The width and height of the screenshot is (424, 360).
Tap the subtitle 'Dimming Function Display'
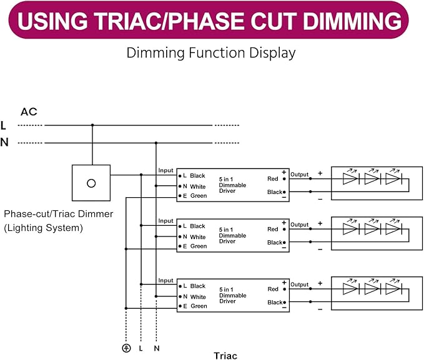[x=211, y=52]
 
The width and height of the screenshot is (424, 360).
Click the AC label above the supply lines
[x=29, y=112]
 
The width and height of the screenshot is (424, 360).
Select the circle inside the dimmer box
[x=91, y=183]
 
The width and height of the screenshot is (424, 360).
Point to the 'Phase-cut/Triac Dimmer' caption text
[x=59, y=214]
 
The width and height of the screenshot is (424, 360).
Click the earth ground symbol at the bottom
[x=126, y=348]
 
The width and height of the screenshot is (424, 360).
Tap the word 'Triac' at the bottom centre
[x=225, y=356]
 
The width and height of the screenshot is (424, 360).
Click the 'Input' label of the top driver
[x=165, y=170]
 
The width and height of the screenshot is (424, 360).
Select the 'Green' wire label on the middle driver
[x=199, y=246]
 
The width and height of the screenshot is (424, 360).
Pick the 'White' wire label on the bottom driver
[x=198, y=297]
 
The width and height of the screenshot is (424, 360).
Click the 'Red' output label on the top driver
[x=272, y=178]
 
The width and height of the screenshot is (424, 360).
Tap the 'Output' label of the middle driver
[x=299, y=225]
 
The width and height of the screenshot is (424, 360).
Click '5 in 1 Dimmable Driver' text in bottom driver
[x=232, y=295]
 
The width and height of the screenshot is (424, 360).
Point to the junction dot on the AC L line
[x=92, y=125]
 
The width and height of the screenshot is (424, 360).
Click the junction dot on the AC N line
[x=156, y=143]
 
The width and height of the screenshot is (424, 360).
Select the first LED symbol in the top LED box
[x=351, y=178]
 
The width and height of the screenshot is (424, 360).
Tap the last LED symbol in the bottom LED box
[x=393, y=288]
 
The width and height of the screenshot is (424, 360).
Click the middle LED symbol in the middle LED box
[x=373, y=228]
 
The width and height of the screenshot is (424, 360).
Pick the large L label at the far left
[x=3, y=125]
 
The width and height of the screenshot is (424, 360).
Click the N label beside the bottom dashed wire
[x=157, y=348]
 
